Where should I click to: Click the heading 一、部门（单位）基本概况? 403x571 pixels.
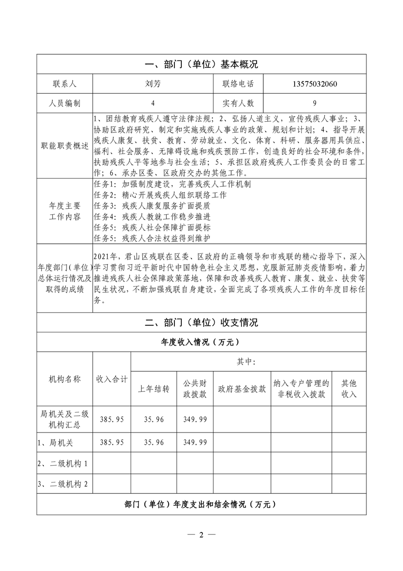click(x=201, y=65)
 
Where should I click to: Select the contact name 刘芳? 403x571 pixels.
click(x=152, y=84)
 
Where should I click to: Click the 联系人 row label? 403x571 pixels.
click(x=65, y=84)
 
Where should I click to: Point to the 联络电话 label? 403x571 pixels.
click(x=238, y=84)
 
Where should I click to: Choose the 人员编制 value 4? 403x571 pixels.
click(x=152, y=103)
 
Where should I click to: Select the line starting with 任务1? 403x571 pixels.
click(x=173, y=184)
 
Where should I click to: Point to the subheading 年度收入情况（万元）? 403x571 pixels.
click(x=201, y=342)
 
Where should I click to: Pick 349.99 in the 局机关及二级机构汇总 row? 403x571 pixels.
click(x=195, y=419)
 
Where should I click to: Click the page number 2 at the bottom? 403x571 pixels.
click(x=201, y=535)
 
